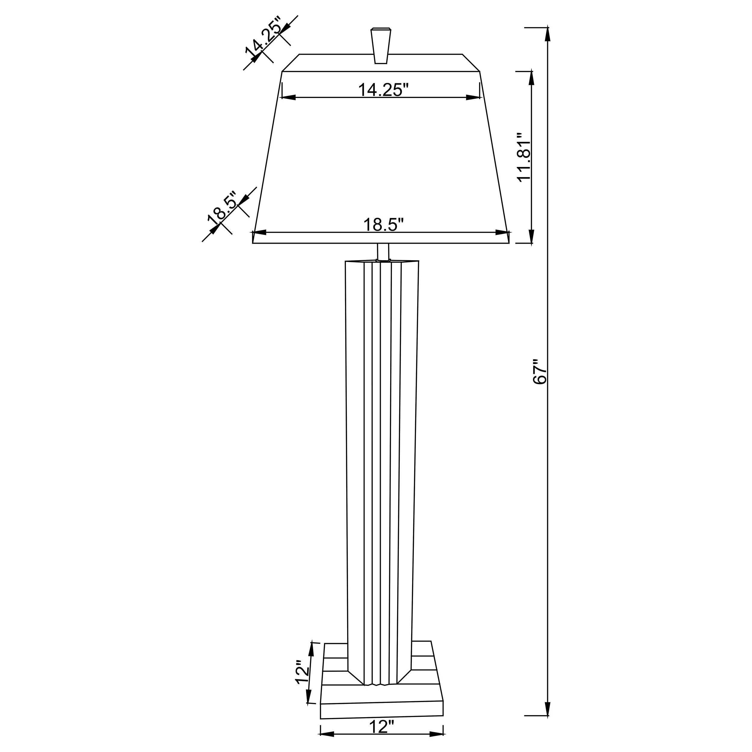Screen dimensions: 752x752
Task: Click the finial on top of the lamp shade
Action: [x=380, y=46]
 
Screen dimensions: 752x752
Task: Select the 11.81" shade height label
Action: [x=523, y=156]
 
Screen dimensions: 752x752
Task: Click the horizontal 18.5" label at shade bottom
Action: [x=384, y=225]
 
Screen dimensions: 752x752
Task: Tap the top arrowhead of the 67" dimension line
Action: [x=548, y=34]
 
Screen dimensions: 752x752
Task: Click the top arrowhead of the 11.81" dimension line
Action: [x=531, y=78]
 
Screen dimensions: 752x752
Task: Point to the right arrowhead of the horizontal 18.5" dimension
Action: [x=502, y=233]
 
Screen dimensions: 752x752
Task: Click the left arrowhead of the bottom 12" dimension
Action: [x=327, y=734]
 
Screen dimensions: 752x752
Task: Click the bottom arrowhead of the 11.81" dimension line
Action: [x=531, y=236]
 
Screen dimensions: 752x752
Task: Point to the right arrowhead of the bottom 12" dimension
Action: [x=436, y=734]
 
